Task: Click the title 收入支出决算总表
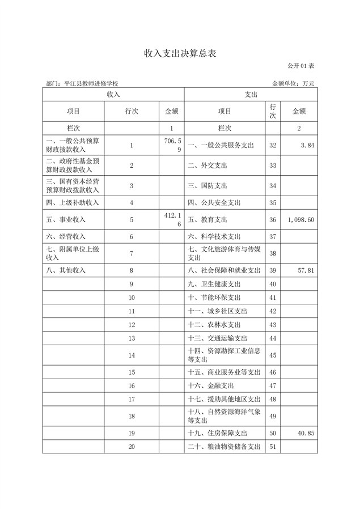[180, 54]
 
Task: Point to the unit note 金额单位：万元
[293, 83]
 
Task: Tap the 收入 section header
[113, 95]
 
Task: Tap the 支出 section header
[251, 95]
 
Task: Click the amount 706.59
[171, 146]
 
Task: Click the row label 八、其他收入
[66, 270]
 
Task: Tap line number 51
[273, 447]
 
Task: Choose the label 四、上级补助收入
[73, 202]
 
